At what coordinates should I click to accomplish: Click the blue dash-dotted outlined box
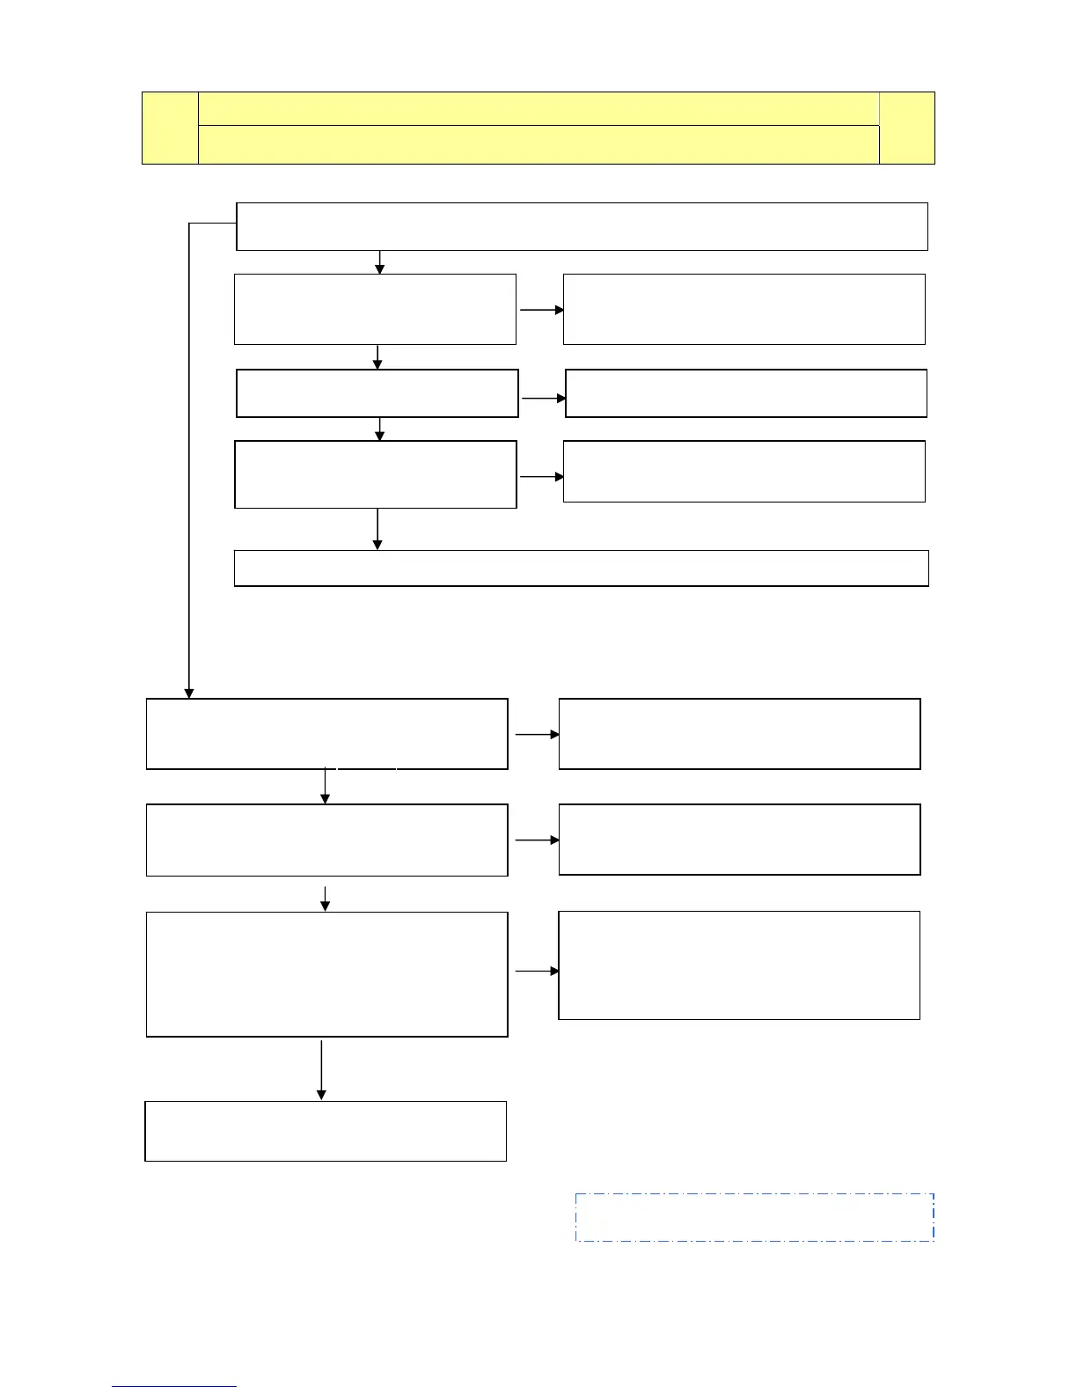click(754, 1217)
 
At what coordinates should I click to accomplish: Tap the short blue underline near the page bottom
click(174, 1386)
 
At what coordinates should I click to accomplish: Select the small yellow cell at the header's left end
click(170, 128)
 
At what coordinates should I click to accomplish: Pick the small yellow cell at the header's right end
click(907, 128)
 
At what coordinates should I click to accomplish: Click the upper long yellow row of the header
click(538, 108)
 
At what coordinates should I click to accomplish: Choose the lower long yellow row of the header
click(538, 144)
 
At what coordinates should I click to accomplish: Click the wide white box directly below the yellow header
click(582, 226)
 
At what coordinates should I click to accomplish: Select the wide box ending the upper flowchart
click(582, 568)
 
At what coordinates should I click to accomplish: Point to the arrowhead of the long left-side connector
click(188, 693)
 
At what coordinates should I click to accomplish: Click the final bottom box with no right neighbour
click(326, 1131)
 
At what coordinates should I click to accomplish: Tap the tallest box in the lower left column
click(326, 974)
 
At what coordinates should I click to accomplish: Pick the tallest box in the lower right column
click(739, 965)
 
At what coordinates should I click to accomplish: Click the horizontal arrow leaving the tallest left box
click(537, 972)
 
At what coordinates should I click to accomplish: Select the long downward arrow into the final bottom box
click(321, 1069)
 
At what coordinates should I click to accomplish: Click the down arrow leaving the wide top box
click(380, 262)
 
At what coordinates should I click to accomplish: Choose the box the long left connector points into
click(326, 734)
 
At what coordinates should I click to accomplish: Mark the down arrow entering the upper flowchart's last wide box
click(377, 529)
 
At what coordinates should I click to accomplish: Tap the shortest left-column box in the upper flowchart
click(377, 393)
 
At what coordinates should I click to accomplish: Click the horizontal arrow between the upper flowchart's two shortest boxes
click(544, 398)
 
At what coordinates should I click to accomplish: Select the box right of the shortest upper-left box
click(746, 393)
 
